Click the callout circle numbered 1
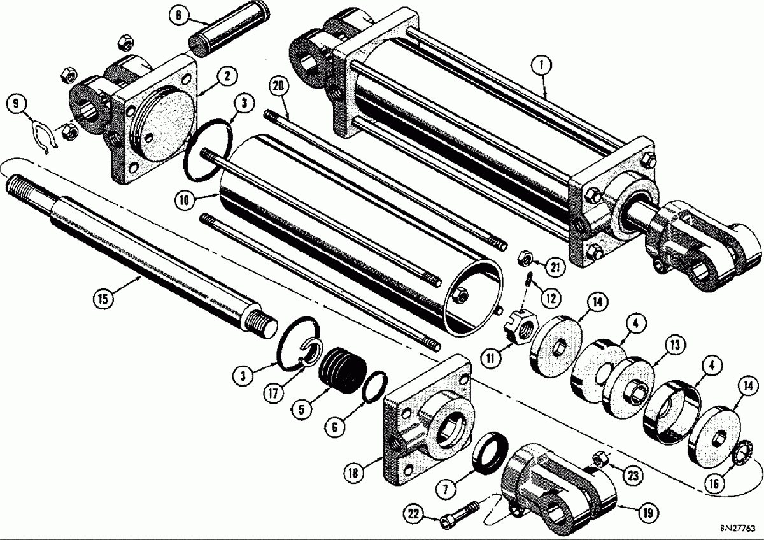click(542, 64)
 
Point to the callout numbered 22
click(416, 513)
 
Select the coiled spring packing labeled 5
click(343, 373)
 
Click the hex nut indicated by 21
click(526, 257)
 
